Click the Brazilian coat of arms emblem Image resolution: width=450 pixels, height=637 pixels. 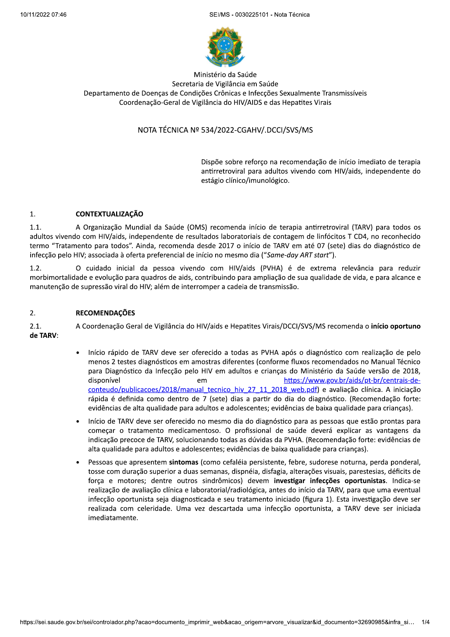225,47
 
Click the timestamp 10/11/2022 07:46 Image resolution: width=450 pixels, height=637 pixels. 43,15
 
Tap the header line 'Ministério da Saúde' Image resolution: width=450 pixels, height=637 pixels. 225,75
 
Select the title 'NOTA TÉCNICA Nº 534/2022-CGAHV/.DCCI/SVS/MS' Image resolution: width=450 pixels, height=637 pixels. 225,130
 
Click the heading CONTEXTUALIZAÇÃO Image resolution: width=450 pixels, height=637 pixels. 109,214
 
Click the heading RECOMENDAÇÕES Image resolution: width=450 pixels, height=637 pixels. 105,313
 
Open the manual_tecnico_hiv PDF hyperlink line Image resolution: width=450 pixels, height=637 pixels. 202,390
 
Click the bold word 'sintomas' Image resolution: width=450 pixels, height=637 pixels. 183,462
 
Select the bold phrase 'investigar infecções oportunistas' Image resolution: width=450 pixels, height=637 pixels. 330,481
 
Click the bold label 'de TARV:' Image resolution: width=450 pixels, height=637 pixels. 44,336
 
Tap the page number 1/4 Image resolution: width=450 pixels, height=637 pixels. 425,622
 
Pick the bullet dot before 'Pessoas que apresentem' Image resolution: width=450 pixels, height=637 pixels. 78,463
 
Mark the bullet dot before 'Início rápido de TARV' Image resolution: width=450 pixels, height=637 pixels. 78,353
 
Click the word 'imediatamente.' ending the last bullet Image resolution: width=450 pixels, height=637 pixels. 113,518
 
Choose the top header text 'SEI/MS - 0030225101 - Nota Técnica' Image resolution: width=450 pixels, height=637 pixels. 259,15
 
